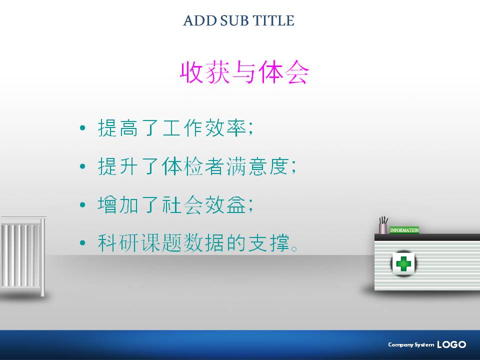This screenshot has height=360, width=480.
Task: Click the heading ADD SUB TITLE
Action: coord(239,20)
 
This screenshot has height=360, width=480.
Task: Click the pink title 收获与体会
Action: coord(244,72)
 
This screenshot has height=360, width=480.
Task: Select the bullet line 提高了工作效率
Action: coord(175,127)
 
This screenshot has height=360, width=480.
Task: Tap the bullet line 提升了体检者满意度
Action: coord(197,166)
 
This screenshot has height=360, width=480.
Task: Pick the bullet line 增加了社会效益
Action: coord(175,204)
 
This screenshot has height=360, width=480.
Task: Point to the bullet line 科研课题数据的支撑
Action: coord(197,243)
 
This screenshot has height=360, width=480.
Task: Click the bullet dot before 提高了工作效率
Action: coord(82,128)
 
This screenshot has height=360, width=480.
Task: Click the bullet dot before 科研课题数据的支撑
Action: coord(82,243)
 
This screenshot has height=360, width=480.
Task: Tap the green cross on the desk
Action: coord(403,263)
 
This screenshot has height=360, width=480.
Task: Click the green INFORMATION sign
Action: coord(404,230)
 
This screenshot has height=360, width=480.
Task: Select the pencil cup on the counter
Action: coord(383,225)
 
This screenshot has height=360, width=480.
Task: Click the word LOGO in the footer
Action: coord(451,344)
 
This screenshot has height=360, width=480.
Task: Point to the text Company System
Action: coord(411,344)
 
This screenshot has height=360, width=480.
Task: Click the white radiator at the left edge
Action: coord(23,256)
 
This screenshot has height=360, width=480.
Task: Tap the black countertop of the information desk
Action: coord(427,237)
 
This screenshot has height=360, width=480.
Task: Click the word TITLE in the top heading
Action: coord(273,20)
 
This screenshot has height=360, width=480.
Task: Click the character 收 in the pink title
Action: coord(191,72)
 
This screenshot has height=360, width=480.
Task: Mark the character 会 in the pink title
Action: coord(297,72)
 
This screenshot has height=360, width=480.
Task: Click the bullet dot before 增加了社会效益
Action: coord(82,205)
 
